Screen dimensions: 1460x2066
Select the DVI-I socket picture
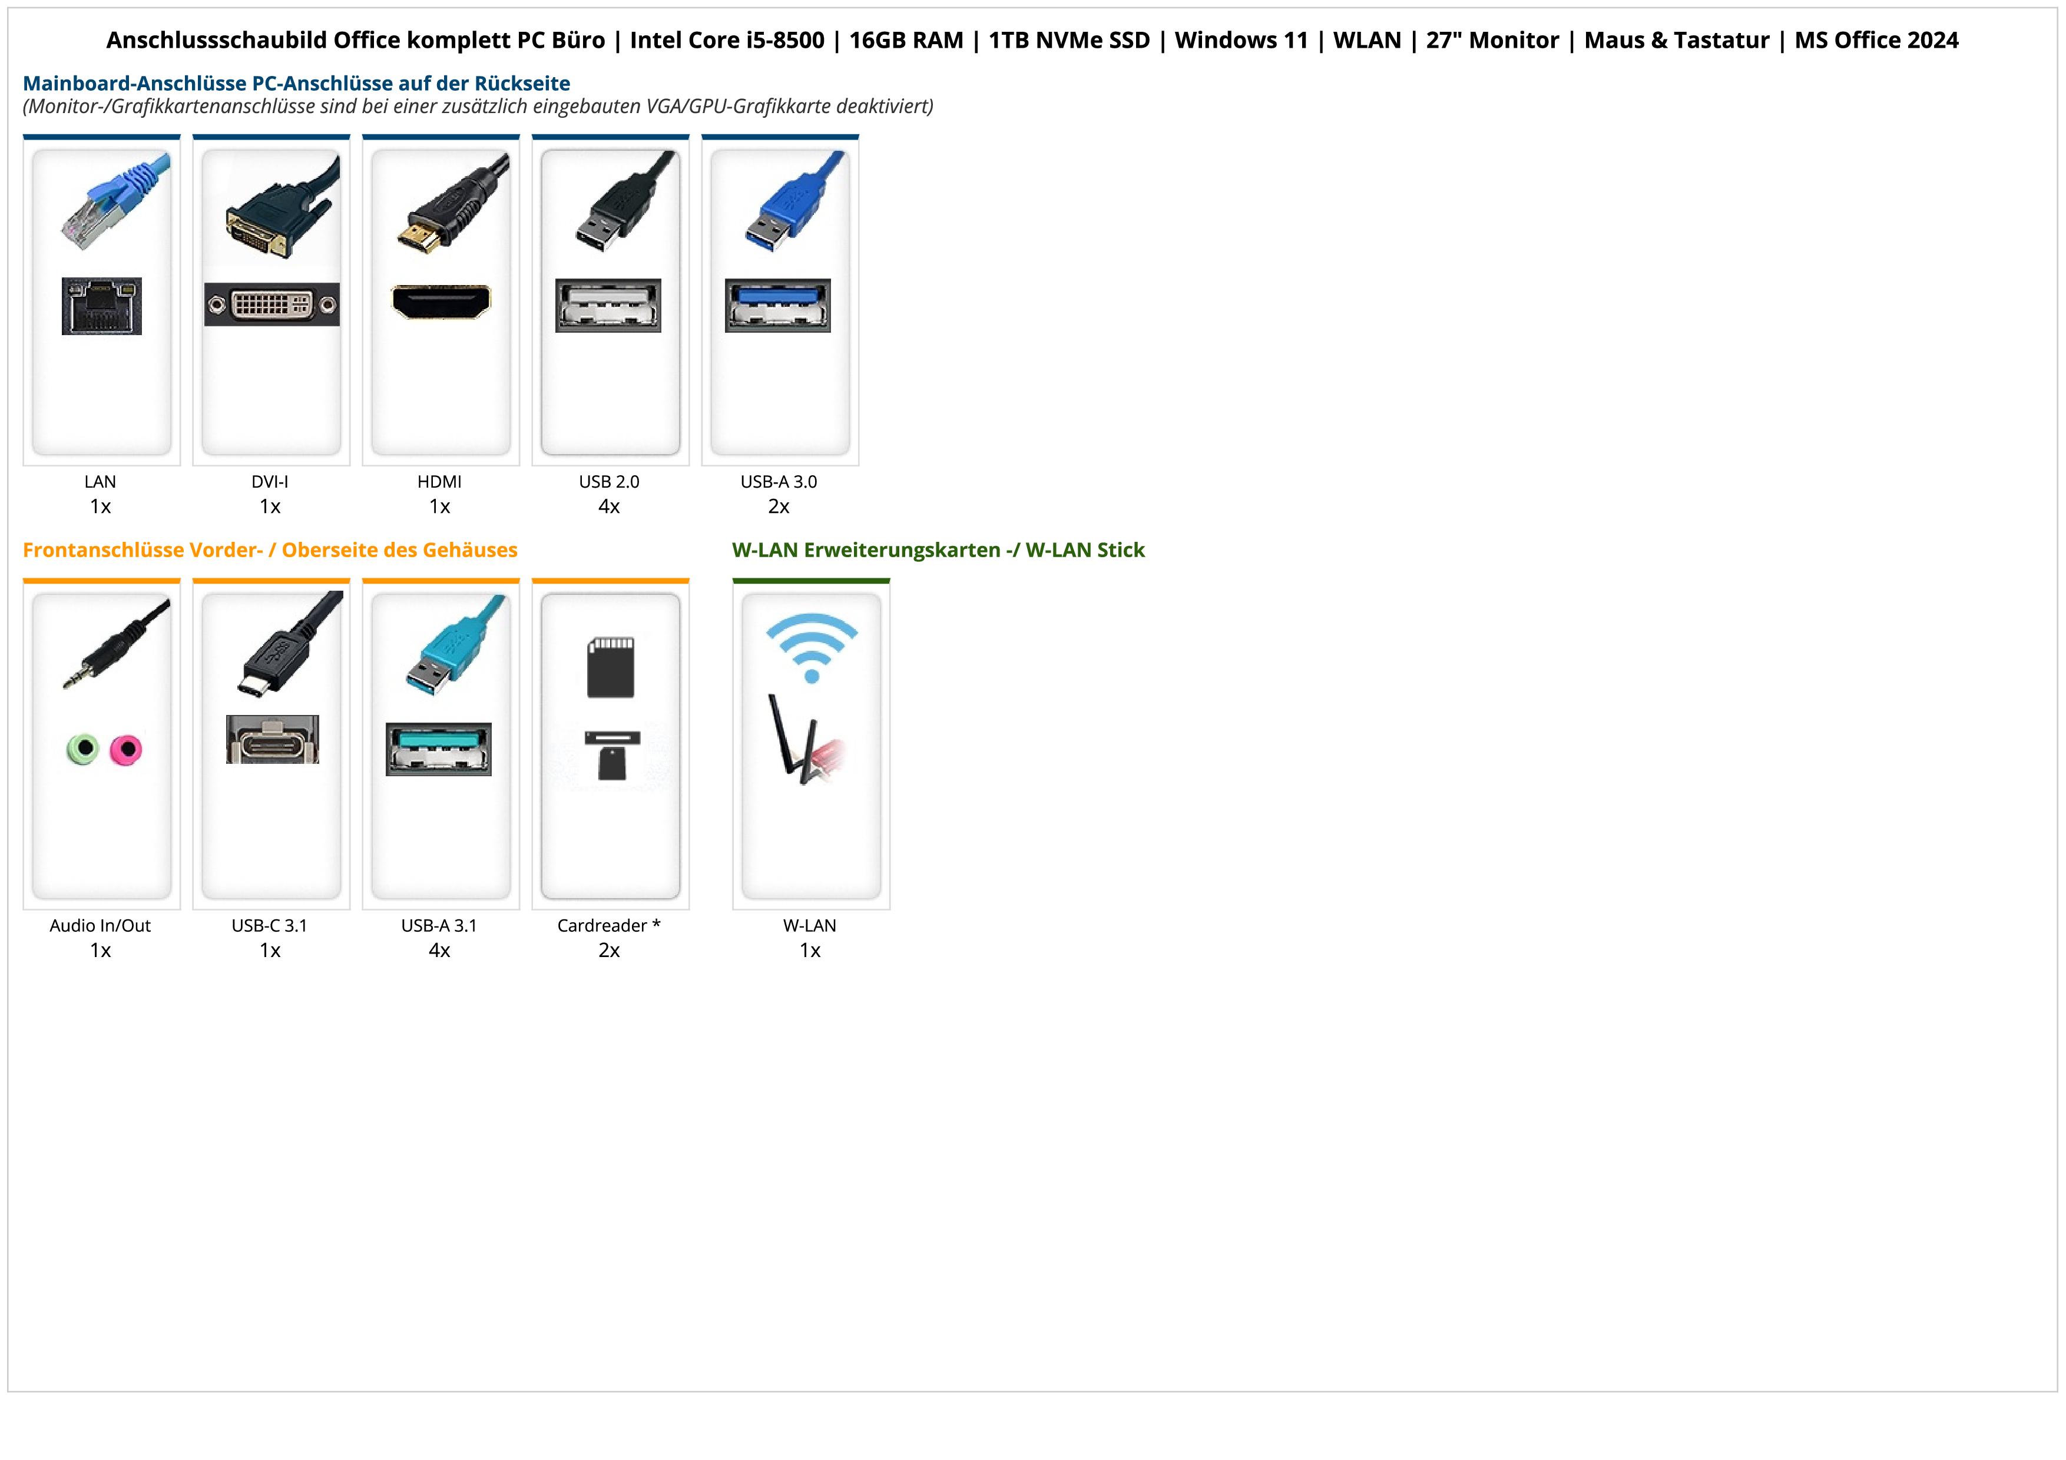click(272, 305)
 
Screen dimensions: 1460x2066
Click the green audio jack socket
click(83, 749)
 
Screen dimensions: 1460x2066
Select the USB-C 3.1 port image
click(272, 740)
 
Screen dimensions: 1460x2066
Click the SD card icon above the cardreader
click(611, 667)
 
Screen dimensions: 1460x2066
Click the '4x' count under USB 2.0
click(609, 506)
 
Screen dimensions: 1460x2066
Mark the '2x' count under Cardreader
click(609, 950)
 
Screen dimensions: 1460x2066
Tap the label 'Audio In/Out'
click(100, 926)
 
